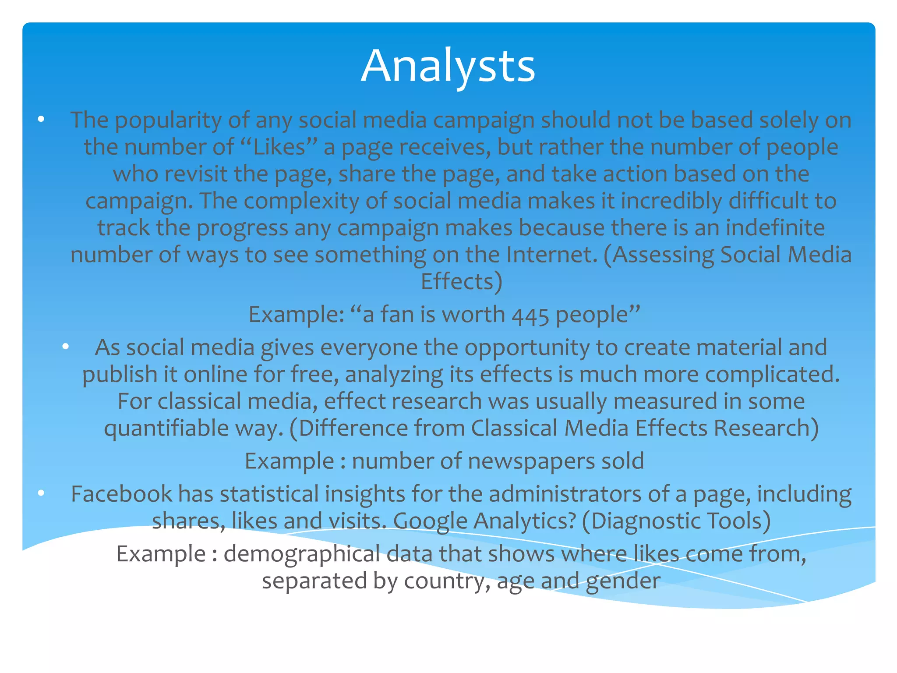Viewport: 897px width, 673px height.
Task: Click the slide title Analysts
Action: click(448, 66)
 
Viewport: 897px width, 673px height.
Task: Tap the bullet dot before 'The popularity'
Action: click(41, 119)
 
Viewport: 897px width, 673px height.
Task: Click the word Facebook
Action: click(121, 494)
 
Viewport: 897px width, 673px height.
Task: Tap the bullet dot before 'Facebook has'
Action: click(41, 493)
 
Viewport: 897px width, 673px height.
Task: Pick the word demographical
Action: click(302, 554)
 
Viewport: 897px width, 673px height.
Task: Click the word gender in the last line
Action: click(623, 581)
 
